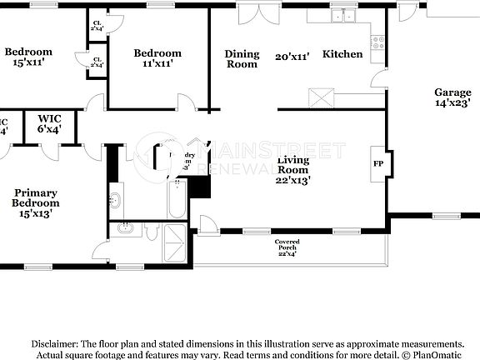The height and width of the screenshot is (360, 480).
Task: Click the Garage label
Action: pos(452,97)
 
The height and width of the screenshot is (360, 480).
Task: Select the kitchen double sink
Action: pos(342,16)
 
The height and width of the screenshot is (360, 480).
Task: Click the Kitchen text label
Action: pos(342,54)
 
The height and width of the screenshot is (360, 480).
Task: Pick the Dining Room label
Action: pos(242,58)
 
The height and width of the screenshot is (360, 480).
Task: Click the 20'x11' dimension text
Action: pos(292,57)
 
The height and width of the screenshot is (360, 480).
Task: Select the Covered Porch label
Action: pos(287,247)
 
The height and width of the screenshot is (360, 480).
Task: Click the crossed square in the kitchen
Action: pos(321,98)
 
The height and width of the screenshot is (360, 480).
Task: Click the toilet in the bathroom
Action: pos(116,201)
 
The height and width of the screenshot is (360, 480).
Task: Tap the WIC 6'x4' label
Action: pos(49,124)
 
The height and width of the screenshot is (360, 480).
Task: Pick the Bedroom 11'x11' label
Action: pos(157,58)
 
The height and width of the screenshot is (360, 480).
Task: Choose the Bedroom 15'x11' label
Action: pos(28,57)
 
